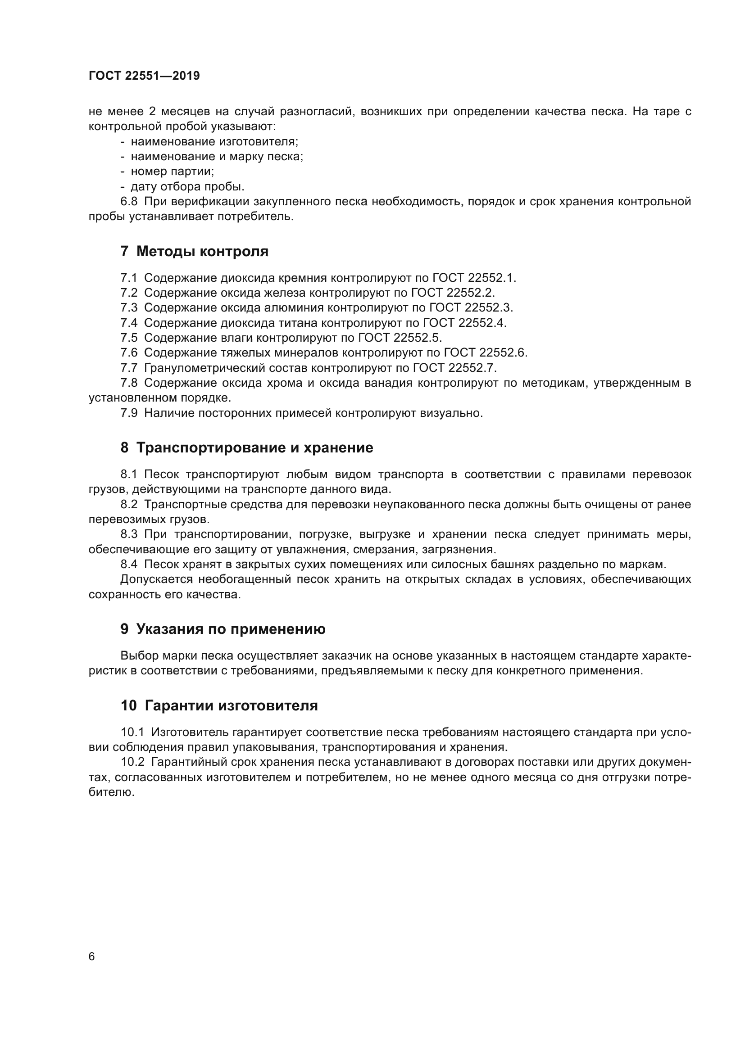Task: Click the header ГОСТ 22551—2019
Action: point(144,76)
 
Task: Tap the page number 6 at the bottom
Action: point(92,957)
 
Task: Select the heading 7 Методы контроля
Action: point(195,251)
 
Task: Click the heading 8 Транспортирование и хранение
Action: point(247,447)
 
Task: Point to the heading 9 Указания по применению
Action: point(223,629)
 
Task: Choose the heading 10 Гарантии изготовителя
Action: point(219,705)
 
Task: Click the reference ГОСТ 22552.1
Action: point(474,278)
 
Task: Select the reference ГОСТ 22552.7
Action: point(454,368)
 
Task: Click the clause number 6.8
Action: point(129,201)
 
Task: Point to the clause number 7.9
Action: point(129,413)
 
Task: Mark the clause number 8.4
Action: point(129,564)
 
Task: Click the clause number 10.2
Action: point(132,762)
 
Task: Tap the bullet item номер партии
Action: point(173,172)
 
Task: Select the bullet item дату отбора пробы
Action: point(188,187)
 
